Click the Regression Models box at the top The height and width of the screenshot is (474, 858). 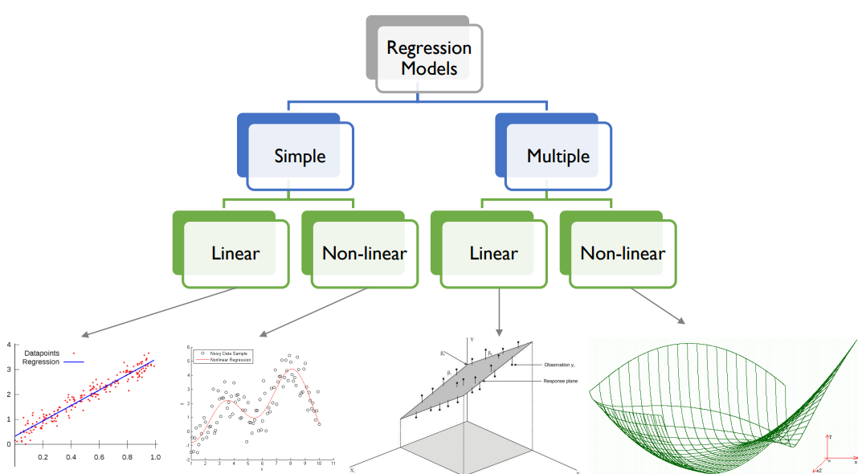tap(428, 59)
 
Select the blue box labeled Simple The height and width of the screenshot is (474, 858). tap(300, 156)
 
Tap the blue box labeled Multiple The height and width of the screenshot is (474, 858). tap(558, 156)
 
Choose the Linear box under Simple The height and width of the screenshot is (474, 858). tap(235, 254)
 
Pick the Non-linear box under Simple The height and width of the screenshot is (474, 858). tap(364, 254)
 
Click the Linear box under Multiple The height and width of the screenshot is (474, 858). tap(493, 254)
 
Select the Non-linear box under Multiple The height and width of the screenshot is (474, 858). tap(623, 254)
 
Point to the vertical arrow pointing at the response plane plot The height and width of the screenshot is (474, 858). tap(500, 313)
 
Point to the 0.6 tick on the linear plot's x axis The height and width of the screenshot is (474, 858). tap(99, 456)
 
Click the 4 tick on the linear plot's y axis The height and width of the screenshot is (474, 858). tap(8, 345)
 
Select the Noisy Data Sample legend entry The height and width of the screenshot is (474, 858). tap(230, 353)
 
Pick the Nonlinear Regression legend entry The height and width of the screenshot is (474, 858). tap(231, 360)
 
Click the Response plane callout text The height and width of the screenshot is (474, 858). tap(560, 381)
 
